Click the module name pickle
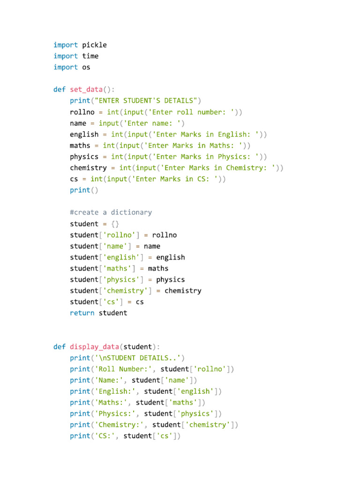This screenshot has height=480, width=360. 94,45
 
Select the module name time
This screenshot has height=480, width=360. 90,56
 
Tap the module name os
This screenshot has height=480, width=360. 86,67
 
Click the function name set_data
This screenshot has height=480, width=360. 86,90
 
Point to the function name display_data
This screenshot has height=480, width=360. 94,347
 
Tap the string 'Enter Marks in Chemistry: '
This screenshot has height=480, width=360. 217,168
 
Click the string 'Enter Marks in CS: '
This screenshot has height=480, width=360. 175,179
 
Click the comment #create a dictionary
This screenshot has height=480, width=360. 111,212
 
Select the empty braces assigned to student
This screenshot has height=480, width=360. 115,224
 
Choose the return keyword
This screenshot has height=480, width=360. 82,313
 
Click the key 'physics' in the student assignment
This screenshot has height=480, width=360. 121,279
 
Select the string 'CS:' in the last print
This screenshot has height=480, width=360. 105,436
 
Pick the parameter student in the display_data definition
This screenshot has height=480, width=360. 138,347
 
